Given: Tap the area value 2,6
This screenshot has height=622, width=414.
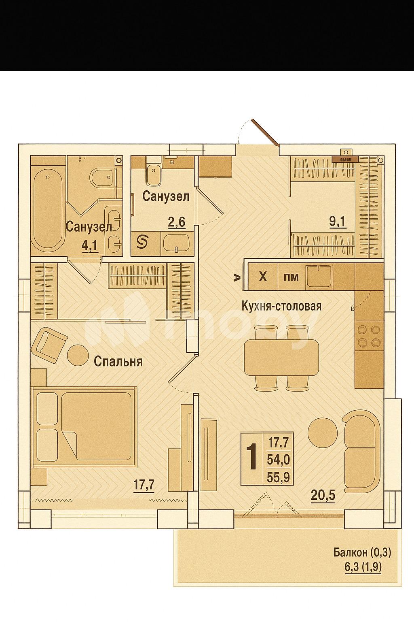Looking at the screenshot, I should tap(177, 222).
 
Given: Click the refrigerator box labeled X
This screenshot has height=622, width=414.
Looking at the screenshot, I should tap(263, 277).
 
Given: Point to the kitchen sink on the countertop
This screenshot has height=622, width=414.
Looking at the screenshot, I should tap(319, 277).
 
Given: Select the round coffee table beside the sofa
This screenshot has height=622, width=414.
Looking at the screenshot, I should tap(322, 432).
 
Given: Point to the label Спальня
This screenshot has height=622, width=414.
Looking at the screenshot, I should tap(118, 361).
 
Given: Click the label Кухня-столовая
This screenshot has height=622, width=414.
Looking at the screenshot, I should tap(281, 306).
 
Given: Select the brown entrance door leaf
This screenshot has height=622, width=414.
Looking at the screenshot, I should tap(265, 132).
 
